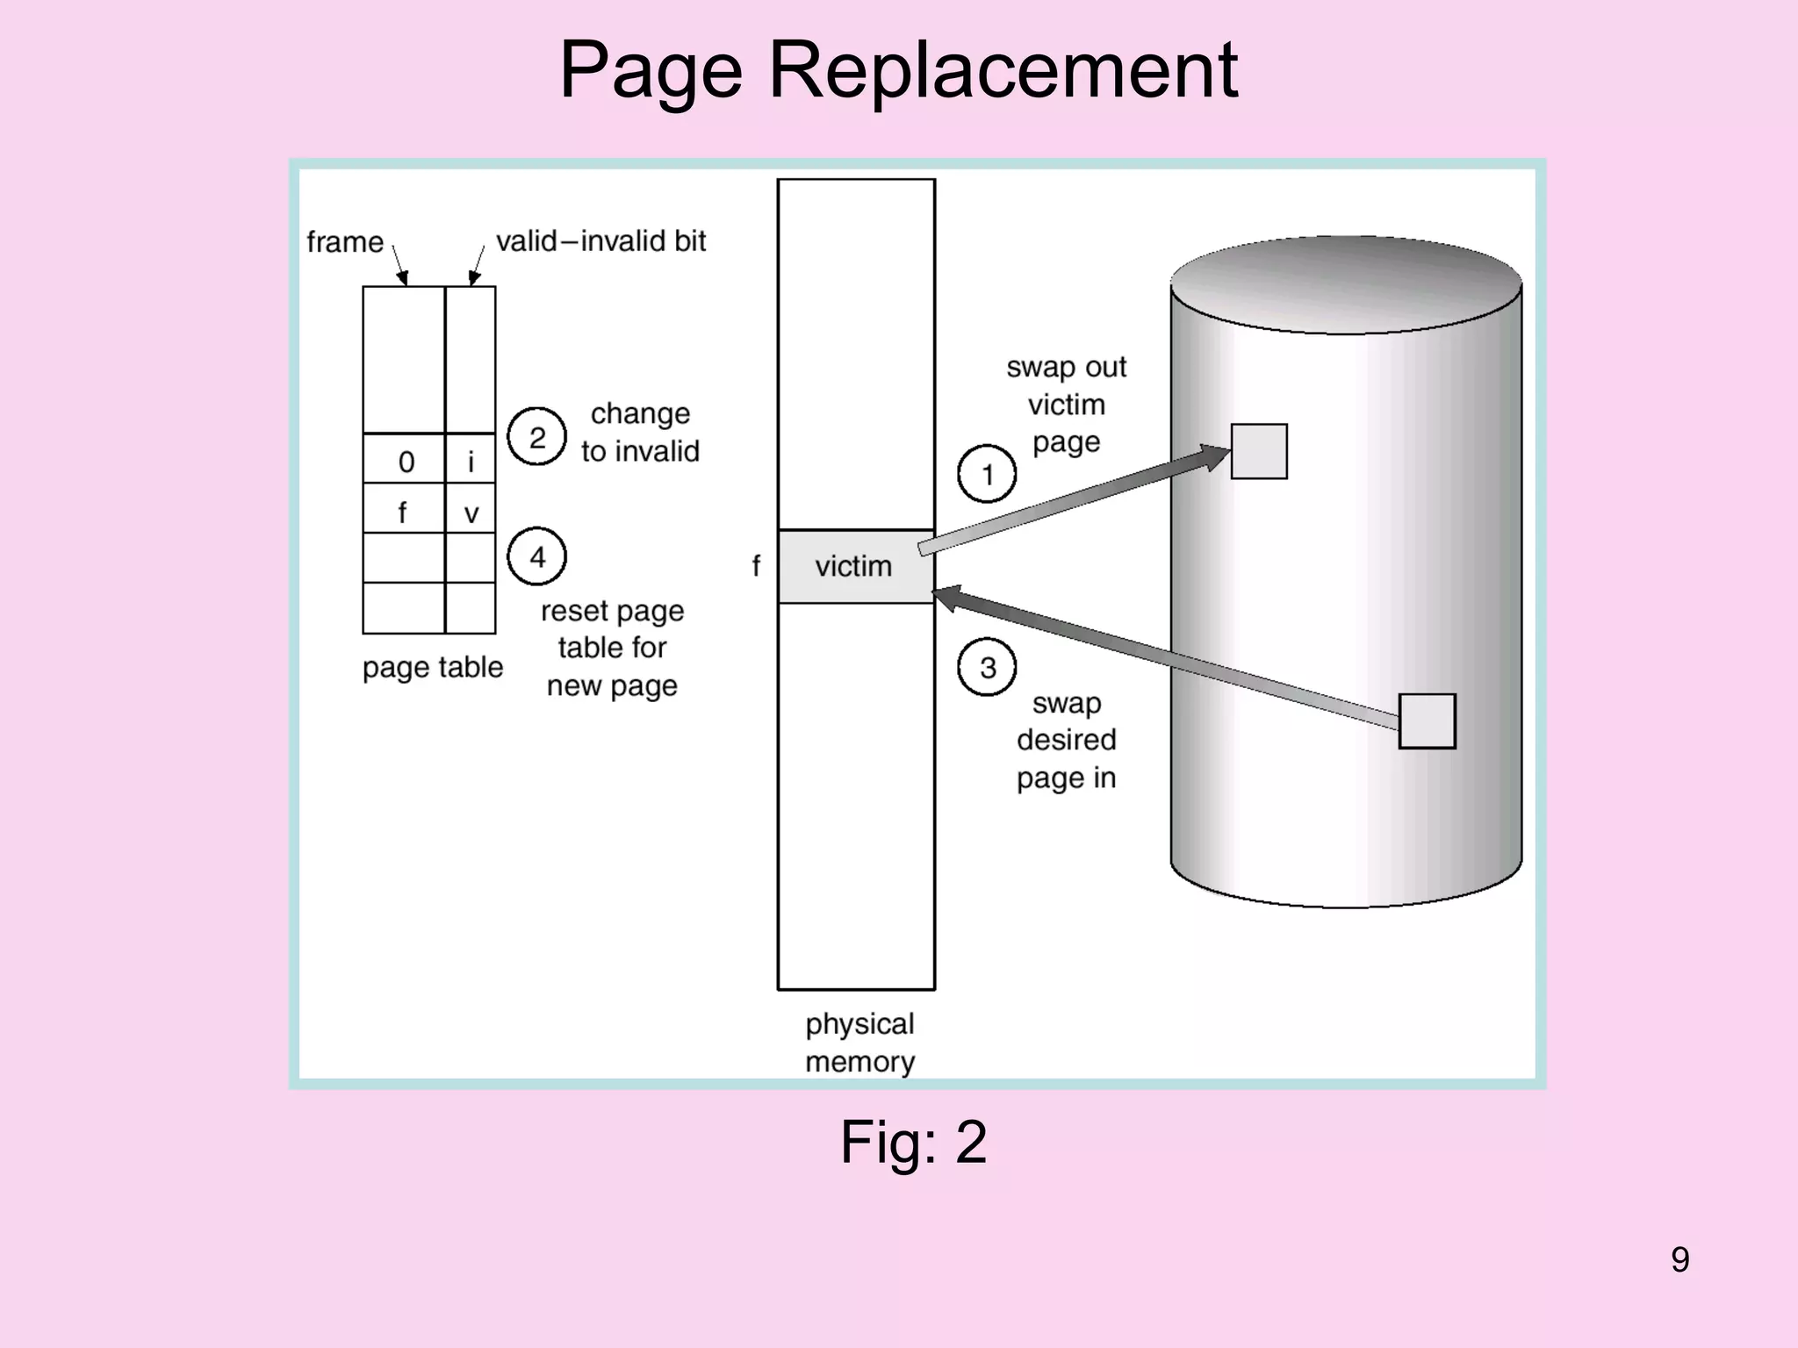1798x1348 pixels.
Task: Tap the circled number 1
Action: click(987, 474)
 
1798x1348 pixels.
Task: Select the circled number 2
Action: click(537, 437)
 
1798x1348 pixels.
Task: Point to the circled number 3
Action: click(987, 667)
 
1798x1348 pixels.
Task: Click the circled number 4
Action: click(537, 556)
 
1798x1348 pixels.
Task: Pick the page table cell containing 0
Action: click(405, 461)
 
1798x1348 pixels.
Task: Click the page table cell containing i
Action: click(471, 461)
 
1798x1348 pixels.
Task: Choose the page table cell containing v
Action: click(471, 512)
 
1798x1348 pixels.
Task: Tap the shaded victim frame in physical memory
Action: click(855, 566)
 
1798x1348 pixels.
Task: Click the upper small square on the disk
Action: click(1259, 451)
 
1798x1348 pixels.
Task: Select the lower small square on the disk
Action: click(1427, 721)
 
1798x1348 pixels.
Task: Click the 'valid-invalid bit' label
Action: click(601, 241)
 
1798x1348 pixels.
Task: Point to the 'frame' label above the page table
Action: click(345, 241)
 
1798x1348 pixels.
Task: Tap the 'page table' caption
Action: click(433, 668)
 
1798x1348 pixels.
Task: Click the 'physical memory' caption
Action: click(859, 1043)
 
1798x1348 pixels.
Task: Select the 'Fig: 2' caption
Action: click(913, 1142)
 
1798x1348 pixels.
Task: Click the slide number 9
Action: click(1679, 1259)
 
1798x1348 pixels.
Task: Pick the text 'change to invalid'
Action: click(640, 432)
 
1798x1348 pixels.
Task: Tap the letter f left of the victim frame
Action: click(756, 566)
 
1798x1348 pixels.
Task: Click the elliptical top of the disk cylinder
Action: click(1346, 283)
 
